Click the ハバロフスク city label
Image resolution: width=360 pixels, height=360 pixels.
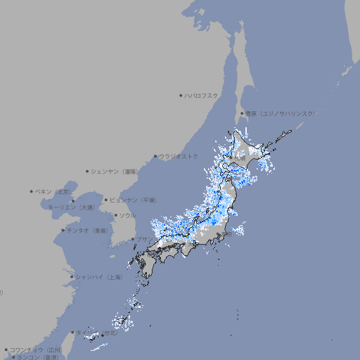pyautogui.click(x=202, y=95)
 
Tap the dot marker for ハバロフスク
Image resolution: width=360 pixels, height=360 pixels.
pyautogui.click(x=181, y=95)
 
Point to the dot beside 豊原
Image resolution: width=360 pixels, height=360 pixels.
pyautogui.click(x=242, y=113)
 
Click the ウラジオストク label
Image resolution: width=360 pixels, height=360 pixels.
pyautogui.click(x=179, y=156)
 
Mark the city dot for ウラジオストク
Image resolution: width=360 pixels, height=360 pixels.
pyautogui.click(x=155, y=156)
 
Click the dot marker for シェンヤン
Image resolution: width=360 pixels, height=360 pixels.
pyautogui.click(x=87, y=171)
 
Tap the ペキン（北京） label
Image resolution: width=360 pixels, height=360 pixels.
pyautogui.click(x=54, y=191)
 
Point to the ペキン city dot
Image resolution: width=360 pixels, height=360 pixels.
pyautogui.click(x=32, y=191)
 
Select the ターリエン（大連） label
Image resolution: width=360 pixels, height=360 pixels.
pyautogui.click(x=70, y=207)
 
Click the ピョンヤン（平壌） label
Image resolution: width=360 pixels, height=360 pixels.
pyautogui.click(x=134, y=200)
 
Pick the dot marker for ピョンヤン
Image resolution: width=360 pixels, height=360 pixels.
pyautogui.click(x=107, y=200)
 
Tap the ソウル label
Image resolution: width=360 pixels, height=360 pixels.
pyautogui.click(x=127, y=215)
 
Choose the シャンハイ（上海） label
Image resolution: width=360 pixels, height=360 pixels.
pyautogui.click(x=99, y=277)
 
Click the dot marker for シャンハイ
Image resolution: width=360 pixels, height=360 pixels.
pyautogui.click(x=72, y=277)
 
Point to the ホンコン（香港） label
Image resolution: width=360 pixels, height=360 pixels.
pyautogui.click(x=37, y=357)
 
